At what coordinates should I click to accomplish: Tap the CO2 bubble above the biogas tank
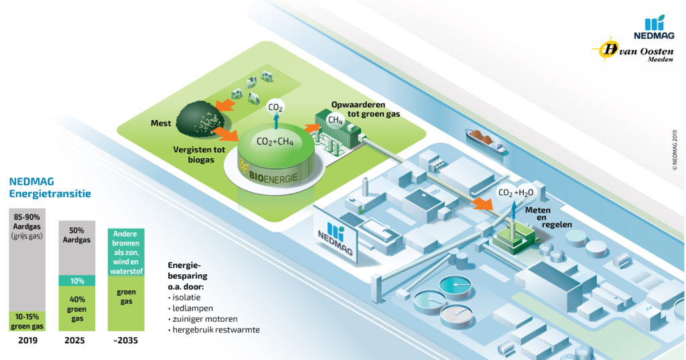tap(275, 107)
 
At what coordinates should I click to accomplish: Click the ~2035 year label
tap(125, 341)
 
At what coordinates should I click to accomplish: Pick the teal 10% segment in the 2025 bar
tap(77, 281)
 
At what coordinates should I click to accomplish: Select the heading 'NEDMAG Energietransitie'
tap(50, 188)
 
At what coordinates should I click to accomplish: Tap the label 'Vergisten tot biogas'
tap(196, 156)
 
